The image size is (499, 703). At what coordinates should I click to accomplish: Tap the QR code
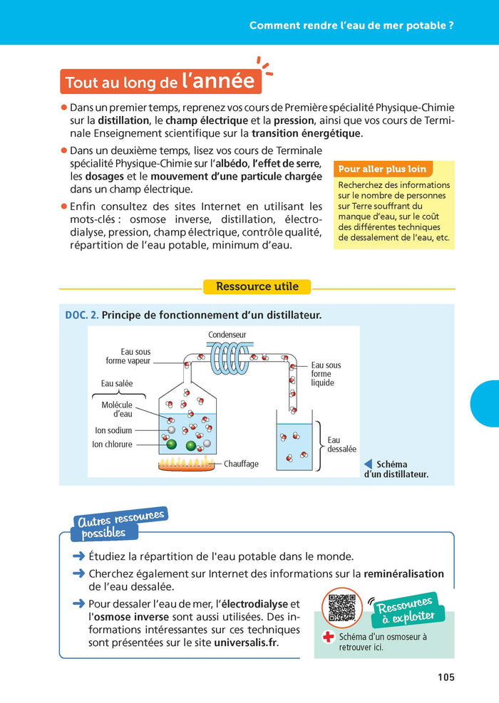[341, 608]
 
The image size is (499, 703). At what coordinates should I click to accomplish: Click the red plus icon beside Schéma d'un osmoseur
[329, 637]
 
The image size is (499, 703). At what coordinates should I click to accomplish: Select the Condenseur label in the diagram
[227, 335]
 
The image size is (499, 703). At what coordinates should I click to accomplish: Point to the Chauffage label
[241, 464]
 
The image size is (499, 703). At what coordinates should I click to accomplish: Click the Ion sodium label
[114, 430]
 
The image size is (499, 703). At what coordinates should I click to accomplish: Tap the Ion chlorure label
[113, 444]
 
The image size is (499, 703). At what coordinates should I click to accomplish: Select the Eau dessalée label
[341, 444]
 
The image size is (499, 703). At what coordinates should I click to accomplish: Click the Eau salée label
[117, 383]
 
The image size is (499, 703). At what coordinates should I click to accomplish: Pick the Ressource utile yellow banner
[257, 287]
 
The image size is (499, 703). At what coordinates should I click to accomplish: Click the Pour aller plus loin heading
[383, 170]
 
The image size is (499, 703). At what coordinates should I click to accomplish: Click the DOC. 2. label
[81, 315]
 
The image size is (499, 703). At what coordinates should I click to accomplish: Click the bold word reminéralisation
[403, 573]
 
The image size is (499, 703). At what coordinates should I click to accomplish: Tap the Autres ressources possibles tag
[118, 524]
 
